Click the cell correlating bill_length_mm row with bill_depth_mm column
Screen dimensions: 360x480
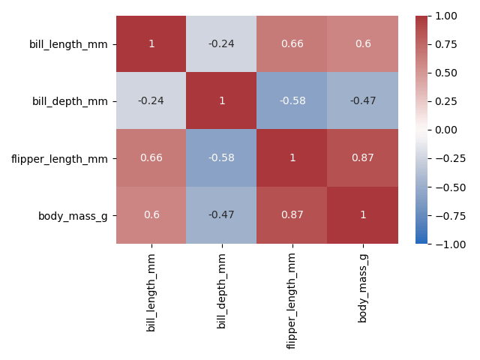[222, 44]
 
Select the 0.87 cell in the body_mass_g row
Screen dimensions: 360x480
[292, 215]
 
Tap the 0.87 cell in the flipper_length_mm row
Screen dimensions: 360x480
[363, 158]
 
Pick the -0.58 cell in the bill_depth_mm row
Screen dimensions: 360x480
[292, 101]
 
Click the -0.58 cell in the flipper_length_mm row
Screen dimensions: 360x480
[222, 158]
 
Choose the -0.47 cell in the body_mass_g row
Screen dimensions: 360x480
[222, 215]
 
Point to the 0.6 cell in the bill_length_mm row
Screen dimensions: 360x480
[363, 44]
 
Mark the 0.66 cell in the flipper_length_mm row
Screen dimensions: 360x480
[151, 158]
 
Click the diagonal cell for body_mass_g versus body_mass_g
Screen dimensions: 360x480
[363, 215]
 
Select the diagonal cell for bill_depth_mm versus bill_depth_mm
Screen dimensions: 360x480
[222, 101]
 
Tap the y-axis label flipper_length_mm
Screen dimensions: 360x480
[61, 158]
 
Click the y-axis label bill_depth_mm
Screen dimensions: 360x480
[70, 101]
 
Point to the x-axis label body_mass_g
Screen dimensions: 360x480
[363, 288]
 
